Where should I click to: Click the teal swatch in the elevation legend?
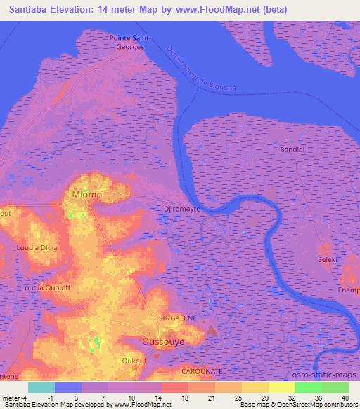41,388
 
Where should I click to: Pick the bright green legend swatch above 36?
309,388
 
